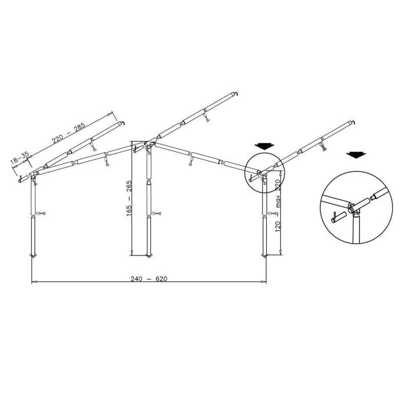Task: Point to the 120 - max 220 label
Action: click(x=278, y=206)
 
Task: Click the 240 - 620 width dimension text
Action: click(x=149, y=279)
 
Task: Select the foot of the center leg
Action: click(x=149, y=255)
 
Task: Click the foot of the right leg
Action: click(x=265, y=256)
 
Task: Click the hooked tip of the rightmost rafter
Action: click(x=353, y=123)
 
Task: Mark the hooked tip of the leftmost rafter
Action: click(x=121, y=123)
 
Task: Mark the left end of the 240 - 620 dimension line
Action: click(x=32, y=282)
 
